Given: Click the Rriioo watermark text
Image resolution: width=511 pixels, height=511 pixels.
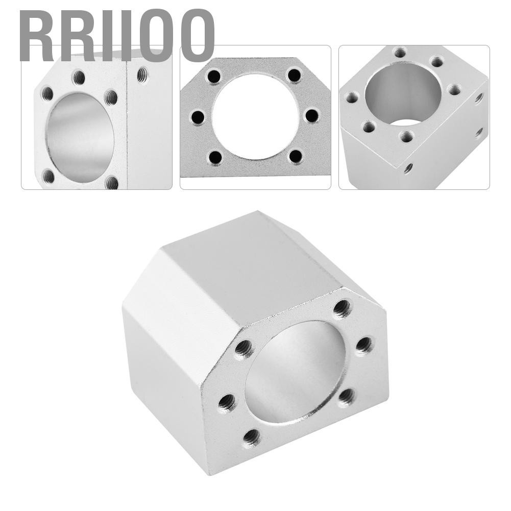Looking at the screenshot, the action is (117, 35).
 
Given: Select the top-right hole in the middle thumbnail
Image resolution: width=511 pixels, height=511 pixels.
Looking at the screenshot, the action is (294, 76).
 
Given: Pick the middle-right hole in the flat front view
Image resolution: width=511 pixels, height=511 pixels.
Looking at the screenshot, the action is (311, 115).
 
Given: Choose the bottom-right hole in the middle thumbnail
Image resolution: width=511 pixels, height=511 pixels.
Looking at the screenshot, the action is (296, 157).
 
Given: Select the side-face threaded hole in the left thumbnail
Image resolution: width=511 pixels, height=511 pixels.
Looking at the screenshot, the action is (142, 75).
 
